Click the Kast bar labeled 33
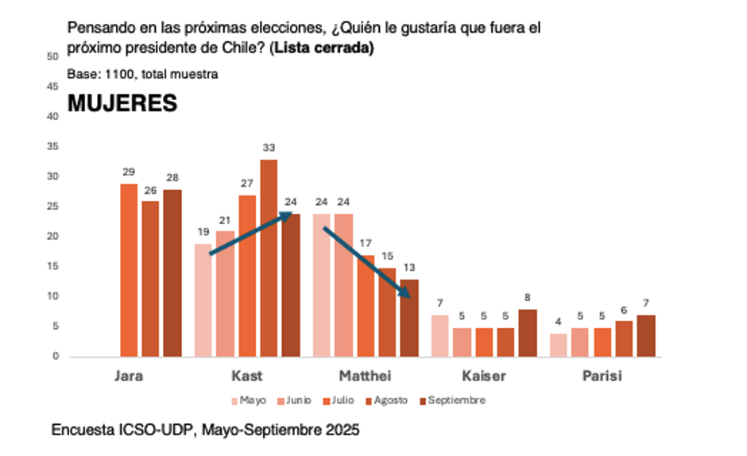[268, 258]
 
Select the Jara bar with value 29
[129, 270]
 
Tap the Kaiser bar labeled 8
[528, 333]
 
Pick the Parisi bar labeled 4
[559, 345]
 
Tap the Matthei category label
[365, 376]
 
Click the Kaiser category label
[484, 376]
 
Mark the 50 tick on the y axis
[52, 56]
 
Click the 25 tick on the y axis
[52, 207]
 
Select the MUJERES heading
[122, 103]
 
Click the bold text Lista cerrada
[322, 48]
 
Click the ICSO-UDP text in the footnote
[157, 430]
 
